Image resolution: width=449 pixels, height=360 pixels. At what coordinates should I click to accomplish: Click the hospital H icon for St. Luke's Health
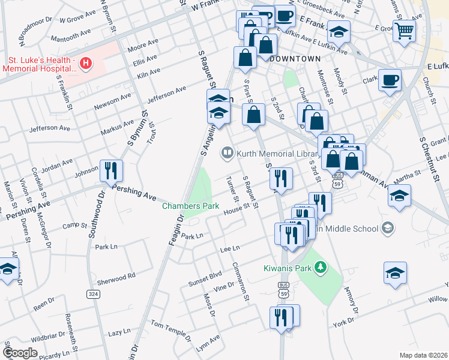click(x=86, y=63)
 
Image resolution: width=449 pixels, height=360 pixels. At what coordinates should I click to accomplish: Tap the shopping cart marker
click(x=405, y=29)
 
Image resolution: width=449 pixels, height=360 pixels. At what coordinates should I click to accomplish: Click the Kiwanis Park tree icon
click(x=321, y=266)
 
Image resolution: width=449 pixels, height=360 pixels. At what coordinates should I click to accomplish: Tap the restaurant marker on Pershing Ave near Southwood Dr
click(x=111, y=170)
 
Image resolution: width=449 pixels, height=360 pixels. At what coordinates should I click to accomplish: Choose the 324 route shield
click(x=93, y=294)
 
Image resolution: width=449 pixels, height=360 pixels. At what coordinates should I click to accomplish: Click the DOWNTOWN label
click(x=295, y=59)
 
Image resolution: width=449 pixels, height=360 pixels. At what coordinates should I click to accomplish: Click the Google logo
click(x=20, y=352)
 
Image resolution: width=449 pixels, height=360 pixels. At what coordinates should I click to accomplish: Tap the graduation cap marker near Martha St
click(x=399, y=196)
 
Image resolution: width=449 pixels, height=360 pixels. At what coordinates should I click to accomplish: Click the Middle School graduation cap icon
click(x=388, y=228)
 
